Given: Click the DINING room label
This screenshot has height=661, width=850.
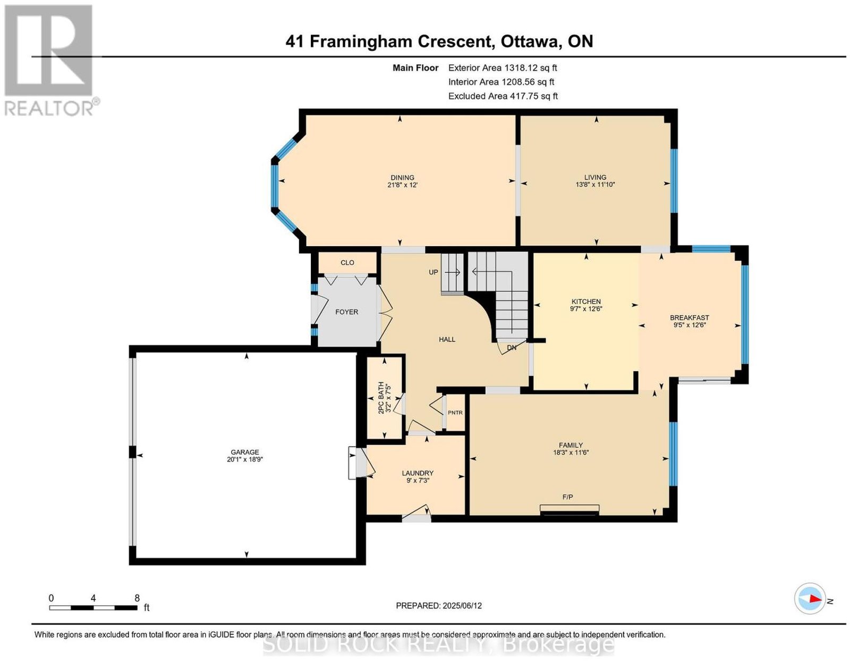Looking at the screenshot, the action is tap(402, 177).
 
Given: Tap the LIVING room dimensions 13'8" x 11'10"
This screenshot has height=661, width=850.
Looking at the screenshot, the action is tap(595, 185).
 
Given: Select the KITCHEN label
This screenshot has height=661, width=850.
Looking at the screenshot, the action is tap(586, 302).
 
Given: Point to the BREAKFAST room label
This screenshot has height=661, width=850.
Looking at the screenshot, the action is tap(689, 318).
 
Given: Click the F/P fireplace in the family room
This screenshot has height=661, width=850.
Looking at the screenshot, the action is tap(569, 509).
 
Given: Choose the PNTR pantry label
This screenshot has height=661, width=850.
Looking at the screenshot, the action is tap(455, 413).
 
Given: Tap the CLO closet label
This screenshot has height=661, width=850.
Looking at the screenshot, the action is tap(347, 263).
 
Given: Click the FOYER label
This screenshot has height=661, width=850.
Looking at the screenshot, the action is tap(346, 312).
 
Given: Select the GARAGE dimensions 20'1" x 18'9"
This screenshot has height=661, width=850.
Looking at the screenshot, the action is tap(244, 459).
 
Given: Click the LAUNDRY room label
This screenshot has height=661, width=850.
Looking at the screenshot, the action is tap(418, 473).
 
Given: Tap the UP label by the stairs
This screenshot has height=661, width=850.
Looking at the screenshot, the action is tap(433, 272).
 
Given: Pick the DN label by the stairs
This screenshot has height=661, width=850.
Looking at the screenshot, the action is tap(512, 348).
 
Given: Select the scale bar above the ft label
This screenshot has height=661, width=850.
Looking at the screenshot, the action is tap(93, 608).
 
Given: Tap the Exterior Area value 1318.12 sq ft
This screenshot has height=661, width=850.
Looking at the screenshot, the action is tap(530, 68).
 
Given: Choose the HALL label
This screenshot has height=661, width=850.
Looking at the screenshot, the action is tap(447, 339).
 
